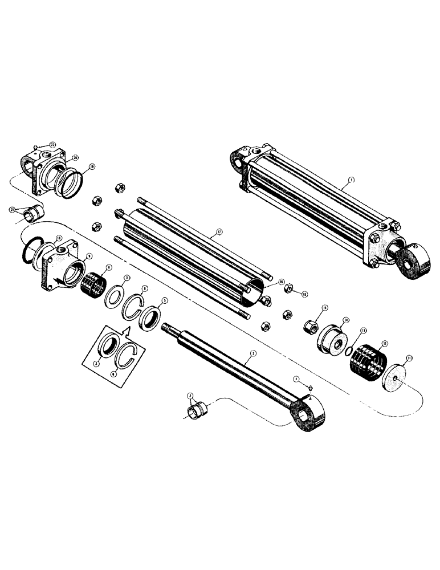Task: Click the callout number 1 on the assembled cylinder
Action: pos(351,179)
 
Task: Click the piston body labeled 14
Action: pos(330,339)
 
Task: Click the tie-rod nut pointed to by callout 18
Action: pos(288,290)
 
